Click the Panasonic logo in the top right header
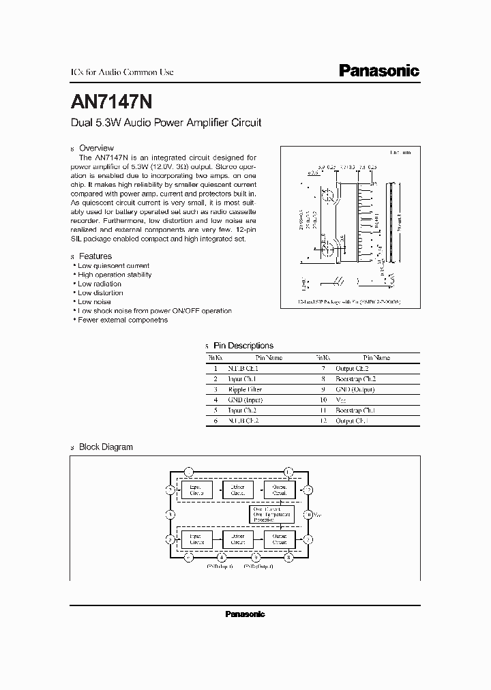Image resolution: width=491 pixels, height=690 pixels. pos(379,71)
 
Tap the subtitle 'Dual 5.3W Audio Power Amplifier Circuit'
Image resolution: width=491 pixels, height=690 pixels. pos(166,123)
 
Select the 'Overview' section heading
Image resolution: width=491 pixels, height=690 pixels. pos(96,148)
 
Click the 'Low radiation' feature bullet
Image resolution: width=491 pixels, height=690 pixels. pos(100,284)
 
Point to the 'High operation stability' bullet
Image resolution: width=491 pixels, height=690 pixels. pos(114,275)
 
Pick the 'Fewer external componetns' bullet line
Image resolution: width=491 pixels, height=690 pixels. pos(123,320)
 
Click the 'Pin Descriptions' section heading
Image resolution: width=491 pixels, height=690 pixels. pos(243,346)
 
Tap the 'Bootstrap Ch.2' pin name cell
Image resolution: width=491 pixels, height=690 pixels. pos(355,378)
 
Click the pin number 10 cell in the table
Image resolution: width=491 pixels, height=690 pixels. pos(323,400)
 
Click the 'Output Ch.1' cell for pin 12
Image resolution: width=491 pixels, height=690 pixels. pos(351,421)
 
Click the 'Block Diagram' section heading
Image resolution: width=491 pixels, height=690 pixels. pos(106,447)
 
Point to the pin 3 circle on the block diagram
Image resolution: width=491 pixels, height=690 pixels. pos(170,514)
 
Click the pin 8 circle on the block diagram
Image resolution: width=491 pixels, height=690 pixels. pos(289,557)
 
